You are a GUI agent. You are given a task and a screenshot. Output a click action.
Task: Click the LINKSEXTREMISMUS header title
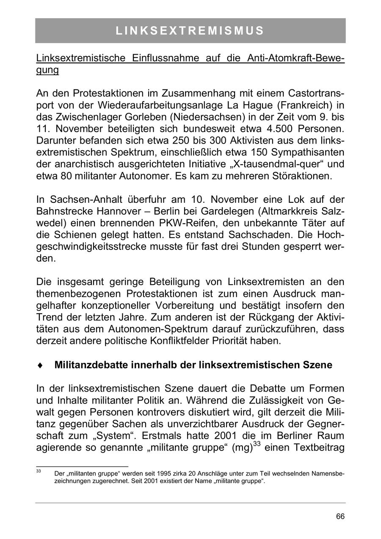click(190, 31)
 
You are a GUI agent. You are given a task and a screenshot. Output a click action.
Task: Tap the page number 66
click(340, 517)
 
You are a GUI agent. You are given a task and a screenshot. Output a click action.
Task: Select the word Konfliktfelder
click(191, 341)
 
